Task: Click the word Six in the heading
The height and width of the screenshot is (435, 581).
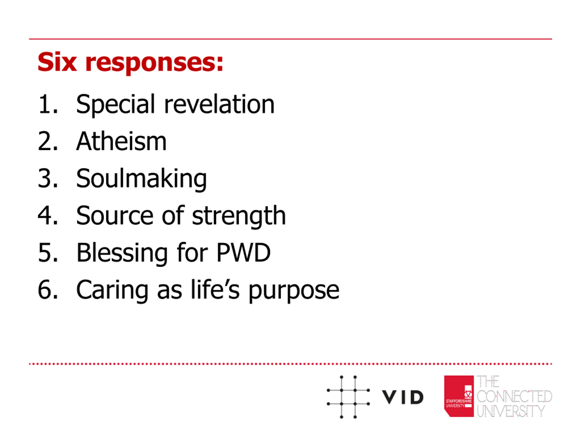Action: point(57,62)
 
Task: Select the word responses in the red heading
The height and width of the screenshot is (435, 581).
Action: point(154,63)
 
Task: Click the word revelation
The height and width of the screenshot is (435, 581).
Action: point(219,104)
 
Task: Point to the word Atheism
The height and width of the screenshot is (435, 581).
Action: point(121,141)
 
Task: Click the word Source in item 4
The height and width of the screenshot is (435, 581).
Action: point(115,216)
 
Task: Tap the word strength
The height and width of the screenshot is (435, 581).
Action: point(239,216)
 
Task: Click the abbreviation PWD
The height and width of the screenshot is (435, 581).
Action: point(243,253)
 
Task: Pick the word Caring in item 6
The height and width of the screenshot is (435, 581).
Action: point(112,290)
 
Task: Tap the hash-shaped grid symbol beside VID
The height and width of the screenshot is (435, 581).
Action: point(348,397)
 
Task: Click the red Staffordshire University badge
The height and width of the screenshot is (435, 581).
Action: point(459,396)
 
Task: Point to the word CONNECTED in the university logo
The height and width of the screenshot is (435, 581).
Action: point(514,396)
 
